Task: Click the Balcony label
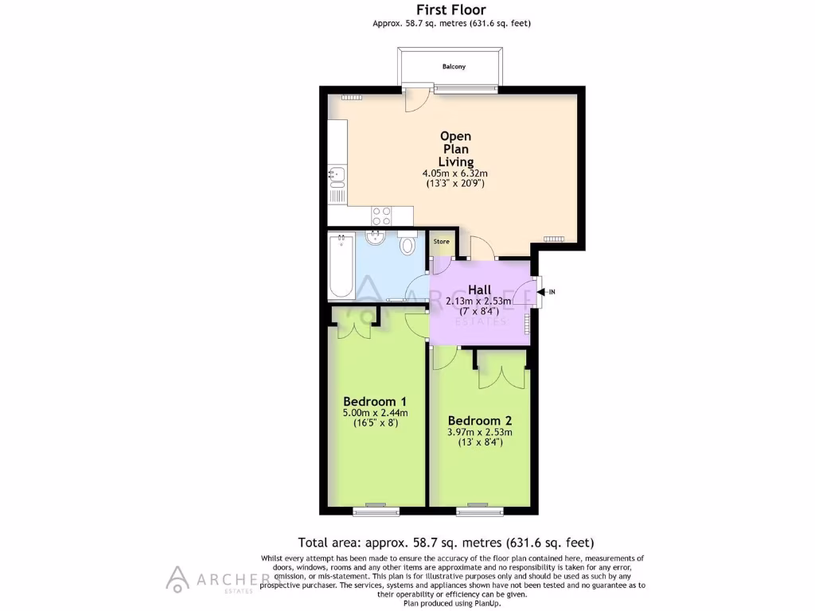coord(454,67)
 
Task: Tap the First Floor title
coord(451,10)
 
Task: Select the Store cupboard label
coord(441,241)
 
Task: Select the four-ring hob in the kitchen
coord(381,215)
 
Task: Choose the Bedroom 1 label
coord(375,400)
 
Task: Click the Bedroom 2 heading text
coord(480,420)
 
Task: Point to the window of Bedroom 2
coord(478,505)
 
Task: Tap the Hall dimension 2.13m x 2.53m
coord(479,302)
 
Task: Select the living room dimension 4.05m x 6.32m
coord(454,173)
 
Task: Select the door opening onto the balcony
coord(415,99)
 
